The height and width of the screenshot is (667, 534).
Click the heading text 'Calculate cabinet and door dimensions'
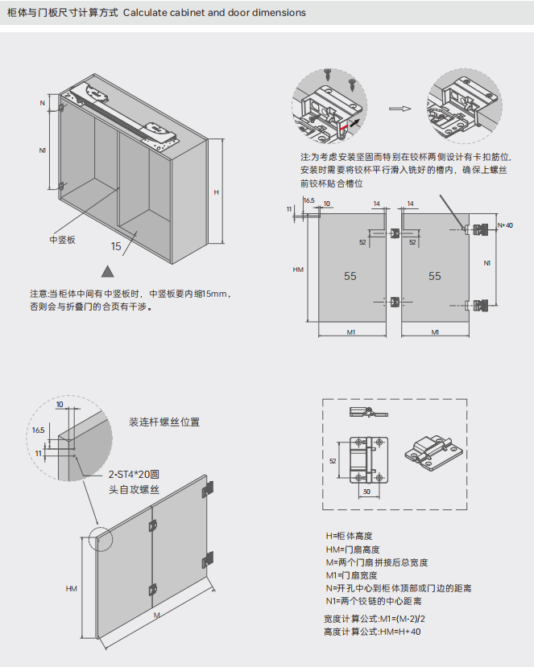pyautogui.click(x=214, y=13)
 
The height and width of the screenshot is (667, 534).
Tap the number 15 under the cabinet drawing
pyautogui.click(x=116, y=246)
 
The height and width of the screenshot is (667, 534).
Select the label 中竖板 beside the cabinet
pyautogui.click(x=63, y=240)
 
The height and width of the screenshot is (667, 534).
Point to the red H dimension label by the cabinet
pyautogui.click(x=216, y=192)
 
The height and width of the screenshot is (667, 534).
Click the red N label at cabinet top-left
pyautogui.click(x=42, y=104)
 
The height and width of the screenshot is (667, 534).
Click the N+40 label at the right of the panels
pyautogui.click(x=505, y=225)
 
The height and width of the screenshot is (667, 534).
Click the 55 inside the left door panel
pyautogui.click(x=350, y=276)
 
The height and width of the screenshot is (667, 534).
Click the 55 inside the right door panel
pyautogui.click(x=435, y=276)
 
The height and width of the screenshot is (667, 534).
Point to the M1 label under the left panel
pyautogui.click(x=352, y=331)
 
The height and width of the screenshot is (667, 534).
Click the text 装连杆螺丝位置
pyautogui.click(x=164, y=422)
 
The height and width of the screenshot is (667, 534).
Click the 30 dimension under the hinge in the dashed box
pyautogui.click(x=366, y=491)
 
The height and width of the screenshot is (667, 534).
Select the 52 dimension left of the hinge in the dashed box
pyautogui.click(x=333, y=461)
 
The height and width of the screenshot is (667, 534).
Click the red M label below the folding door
pyautogui.click(x=157, y=615)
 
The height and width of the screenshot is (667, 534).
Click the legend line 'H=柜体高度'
pyautogui.click(x=349, y=536)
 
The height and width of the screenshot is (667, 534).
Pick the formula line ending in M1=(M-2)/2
pyautogui.click(x=375, y=619)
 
